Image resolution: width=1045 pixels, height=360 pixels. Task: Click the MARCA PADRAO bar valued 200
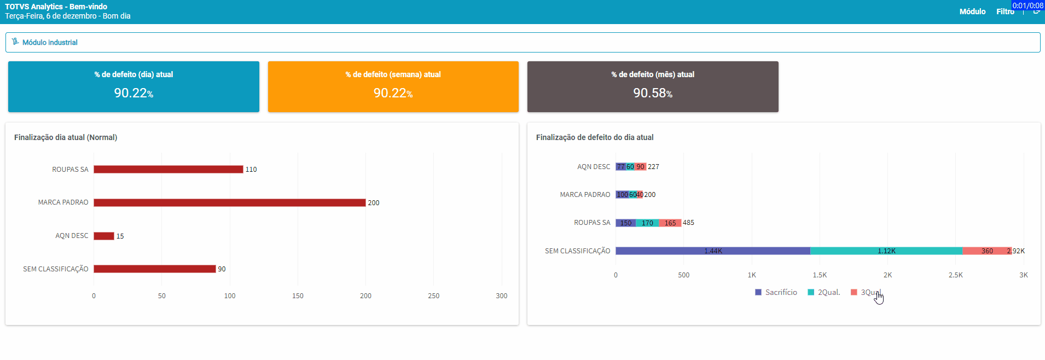point(229,202)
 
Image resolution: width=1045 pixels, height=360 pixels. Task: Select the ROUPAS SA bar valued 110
point(168,169)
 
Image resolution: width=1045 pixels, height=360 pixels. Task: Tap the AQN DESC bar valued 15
point(103,236)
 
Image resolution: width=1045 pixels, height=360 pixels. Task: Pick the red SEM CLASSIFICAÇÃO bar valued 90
point(154,269)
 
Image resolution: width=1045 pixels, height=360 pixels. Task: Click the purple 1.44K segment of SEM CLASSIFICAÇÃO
point(712,251)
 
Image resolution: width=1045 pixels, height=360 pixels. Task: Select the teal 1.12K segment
point(886,251)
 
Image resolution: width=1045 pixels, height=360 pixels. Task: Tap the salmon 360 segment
point(986,251)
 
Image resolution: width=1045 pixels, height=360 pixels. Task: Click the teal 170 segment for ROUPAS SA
point(647,223)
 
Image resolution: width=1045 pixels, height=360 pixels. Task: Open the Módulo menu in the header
point(972,11)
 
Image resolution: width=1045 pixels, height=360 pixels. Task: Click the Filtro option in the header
point(1005,11)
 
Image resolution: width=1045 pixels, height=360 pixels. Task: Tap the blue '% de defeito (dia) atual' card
point(133,86)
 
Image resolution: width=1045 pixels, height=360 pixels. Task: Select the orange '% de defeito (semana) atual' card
point(393,86)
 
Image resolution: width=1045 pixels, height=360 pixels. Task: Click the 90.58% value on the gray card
point(652,93)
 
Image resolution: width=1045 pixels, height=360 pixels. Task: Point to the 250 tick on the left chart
point(433,295)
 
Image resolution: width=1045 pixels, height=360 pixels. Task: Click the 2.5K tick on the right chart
point(955,275)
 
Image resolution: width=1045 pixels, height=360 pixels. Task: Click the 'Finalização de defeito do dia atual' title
point(594,137)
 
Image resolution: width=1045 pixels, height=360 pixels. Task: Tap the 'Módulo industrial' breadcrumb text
point(50,42)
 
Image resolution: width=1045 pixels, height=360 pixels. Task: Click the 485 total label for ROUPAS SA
point(688,223)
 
